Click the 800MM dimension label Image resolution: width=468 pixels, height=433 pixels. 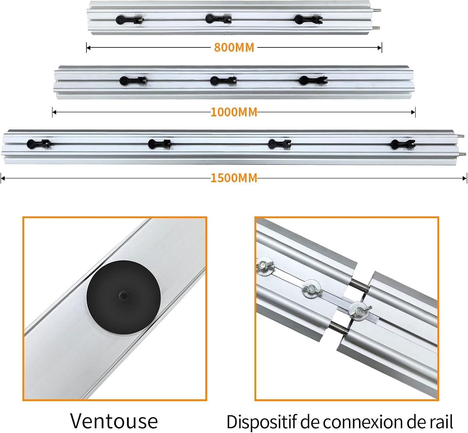coord(234,47)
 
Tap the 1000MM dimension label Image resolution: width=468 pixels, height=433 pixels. coord(234,112)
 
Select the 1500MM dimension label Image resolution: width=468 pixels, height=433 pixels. coord(234,178)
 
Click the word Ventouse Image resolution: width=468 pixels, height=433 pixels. coord(114,421)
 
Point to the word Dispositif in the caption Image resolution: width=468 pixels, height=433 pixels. coord(261,422)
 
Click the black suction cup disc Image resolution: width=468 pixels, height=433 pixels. coord(124,298)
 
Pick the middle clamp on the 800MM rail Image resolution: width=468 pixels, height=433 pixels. coord(218,19)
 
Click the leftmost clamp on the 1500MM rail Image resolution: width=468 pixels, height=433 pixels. coord(39,144)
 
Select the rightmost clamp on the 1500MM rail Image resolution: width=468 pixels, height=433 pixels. coord(402,144)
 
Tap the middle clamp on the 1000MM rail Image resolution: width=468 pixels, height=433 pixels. coord(223,80)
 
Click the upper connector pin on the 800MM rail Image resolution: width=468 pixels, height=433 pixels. coord(377,10)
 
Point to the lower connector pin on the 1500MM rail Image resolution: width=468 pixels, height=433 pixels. coord(462,154)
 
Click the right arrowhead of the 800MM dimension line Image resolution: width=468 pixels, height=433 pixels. coord(380,48)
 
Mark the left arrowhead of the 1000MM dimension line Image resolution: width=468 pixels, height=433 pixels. coord(54,112)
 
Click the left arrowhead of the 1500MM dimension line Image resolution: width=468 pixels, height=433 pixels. coord(3,178)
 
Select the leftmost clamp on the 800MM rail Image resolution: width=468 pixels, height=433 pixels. coord(129,19)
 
